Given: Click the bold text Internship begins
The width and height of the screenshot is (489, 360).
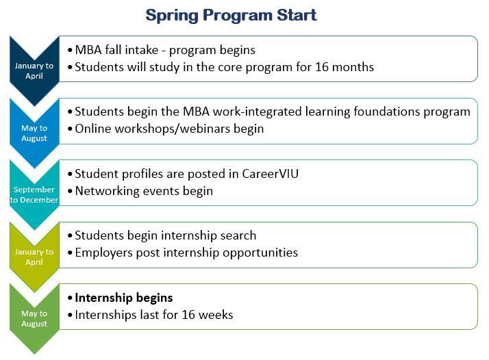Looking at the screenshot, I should [x=123, y=298].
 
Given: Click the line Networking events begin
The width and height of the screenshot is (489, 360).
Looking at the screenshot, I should [x=143, y=191].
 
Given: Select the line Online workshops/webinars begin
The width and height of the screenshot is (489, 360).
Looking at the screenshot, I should [x=168, y=129].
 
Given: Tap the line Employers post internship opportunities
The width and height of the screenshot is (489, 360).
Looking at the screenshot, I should [x=186, y=253].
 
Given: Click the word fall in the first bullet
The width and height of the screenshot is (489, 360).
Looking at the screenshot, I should [x=118, y=50].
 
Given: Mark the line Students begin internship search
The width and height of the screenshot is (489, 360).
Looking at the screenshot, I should [x=165, y=235].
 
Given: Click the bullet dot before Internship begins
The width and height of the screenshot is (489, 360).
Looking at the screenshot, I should [x=71, y=298].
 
